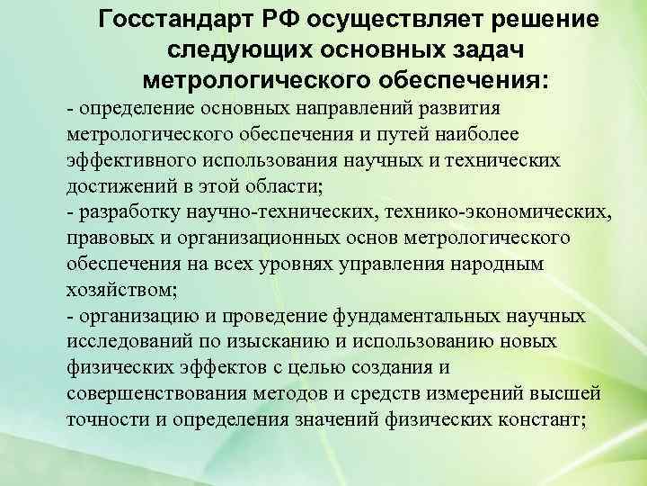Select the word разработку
coord(132,212)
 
